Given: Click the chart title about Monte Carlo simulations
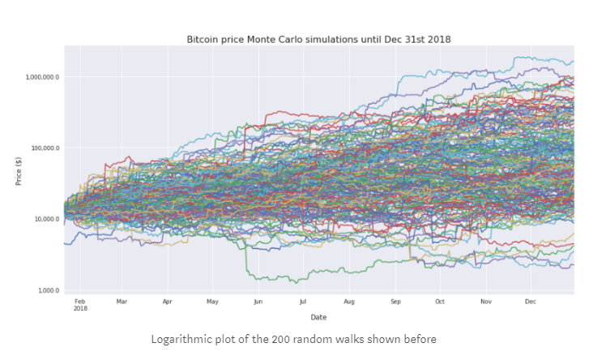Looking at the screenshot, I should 318,39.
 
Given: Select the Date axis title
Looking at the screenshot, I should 318,317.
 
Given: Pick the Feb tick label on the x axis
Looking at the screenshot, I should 79,302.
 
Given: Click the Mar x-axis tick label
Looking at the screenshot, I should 122,302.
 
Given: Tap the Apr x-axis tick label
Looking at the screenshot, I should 167,302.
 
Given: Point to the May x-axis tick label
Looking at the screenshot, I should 212,302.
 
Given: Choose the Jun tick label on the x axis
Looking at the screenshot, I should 258,302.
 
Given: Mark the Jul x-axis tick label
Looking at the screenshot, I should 302,302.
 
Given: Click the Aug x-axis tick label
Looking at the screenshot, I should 348,302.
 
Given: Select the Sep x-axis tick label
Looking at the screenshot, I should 395,302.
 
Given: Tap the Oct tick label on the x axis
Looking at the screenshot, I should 439,302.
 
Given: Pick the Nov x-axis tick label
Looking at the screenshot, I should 485,302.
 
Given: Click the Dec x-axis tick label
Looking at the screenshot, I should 530,302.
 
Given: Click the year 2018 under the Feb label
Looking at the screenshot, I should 79,309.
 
